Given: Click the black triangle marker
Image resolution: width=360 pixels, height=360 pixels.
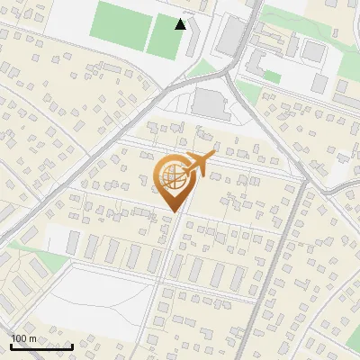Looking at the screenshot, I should (181, 24).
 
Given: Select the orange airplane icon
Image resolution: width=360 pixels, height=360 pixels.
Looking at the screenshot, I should (199, 164).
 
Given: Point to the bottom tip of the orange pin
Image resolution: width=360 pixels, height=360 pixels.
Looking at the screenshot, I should (174, 211).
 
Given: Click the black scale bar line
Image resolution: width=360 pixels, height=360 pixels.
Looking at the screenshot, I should (41, 346).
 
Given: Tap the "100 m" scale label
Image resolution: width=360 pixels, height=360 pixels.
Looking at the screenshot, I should (23, 337).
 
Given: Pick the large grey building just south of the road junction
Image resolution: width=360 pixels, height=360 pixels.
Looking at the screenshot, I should (212, 102).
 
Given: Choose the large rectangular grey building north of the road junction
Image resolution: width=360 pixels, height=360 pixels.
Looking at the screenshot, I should (231, 35).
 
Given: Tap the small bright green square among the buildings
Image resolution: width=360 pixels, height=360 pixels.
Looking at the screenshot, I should (272, 77).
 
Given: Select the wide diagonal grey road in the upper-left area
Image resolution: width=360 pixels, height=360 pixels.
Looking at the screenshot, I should (90, 162).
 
